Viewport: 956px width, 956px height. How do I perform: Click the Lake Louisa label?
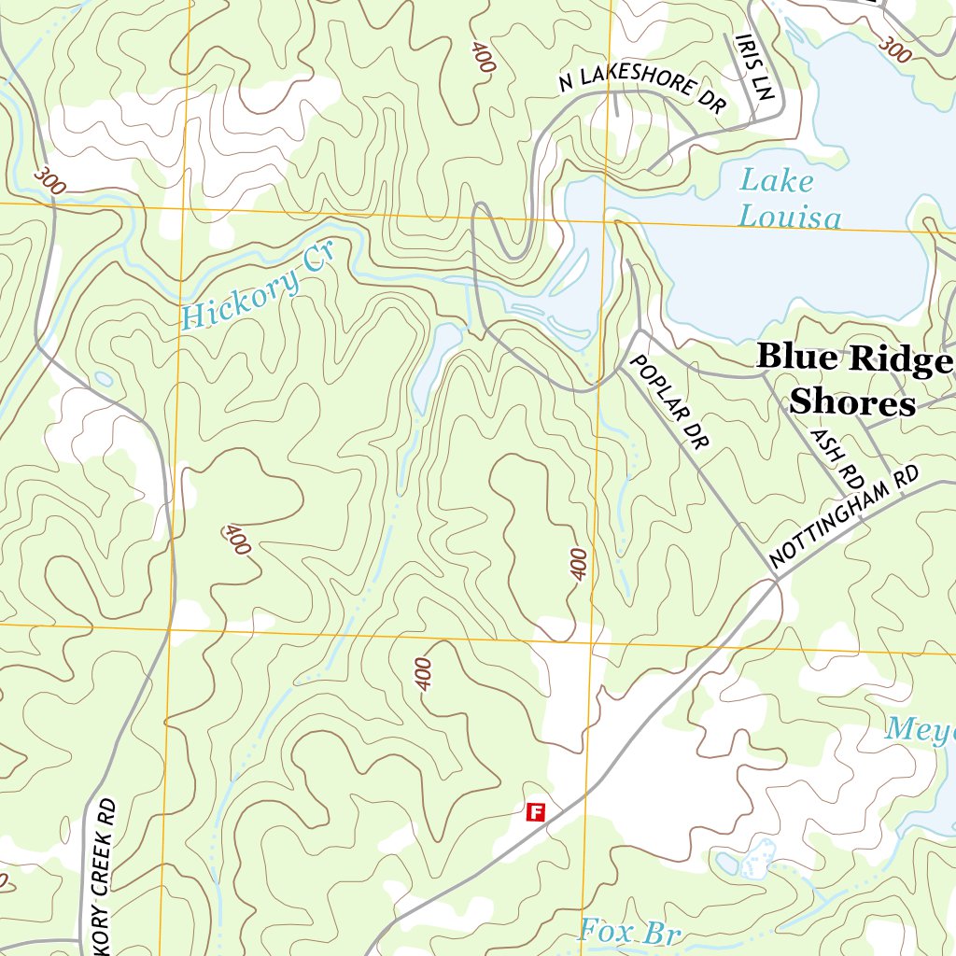click(x=789, y=199)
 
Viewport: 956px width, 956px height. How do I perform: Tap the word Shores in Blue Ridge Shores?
click(x=851, y=402)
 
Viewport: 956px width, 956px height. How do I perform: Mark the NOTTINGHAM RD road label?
click(x=844, y=517)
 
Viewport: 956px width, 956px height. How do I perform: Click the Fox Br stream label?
click(x=630, y=932)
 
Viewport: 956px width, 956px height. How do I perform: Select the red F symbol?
click(x=536, y=811)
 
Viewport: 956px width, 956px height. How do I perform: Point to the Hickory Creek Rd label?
click(x=105, y=878)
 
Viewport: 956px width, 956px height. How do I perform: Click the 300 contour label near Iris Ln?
click(x=894, y=49)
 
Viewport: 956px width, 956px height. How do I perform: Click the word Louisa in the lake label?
click(x=789, y=218)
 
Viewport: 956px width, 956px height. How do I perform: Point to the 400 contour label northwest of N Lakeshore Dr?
click(x=483, y=58)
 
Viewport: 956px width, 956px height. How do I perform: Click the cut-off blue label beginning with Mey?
click(x=920, y=728)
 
